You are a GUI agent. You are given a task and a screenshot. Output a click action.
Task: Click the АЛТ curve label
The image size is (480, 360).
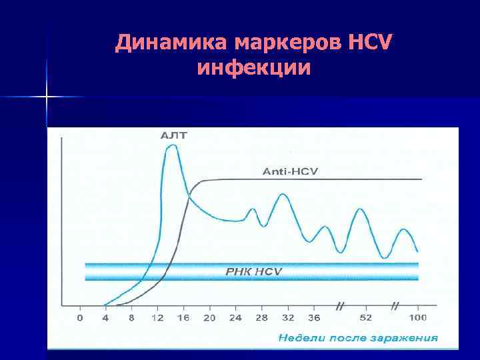pos(175,135)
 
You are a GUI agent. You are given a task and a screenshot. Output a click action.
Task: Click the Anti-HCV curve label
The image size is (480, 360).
pos(291,171)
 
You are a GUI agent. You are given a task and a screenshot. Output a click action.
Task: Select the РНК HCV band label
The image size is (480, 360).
pos(251,272)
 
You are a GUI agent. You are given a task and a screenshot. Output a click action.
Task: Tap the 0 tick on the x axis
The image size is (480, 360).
pos(80,318)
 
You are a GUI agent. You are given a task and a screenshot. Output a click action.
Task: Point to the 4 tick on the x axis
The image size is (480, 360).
pos(105,318)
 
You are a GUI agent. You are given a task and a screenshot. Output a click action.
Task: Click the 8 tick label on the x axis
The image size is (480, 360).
pos(131,318)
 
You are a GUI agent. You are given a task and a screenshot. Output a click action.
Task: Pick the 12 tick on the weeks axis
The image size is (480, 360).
pos(157,318)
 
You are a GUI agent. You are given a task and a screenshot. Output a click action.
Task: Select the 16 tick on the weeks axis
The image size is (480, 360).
pos(183,318)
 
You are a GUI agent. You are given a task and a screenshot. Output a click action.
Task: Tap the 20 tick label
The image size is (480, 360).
pos(209,318)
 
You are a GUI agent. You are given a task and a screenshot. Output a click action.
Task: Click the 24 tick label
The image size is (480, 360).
pos(235,318)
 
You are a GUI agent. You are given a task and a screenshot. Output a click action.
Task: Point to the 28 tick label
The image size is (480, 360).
pos(261,318)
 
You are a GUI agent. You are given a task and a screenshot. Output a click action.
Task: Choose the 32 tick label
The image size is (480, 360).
pos(287,318)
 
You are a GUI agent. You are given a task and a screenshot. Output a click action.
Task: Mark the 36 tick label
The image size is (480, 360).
pos(313,318)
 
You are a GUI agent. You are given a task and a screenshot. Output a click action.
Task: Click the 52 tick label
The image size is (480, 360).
pos(365,318)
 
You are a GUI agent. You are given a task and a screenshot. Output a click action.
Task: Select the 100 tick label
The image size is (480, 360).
pos(418,318)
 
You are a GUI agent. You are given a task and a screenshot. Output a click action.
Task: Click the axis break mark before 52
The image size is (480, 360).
pos(340,307)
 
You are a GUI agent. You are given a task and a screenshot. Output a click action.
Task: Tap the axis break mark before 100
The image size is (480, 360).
pos(395,307)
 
